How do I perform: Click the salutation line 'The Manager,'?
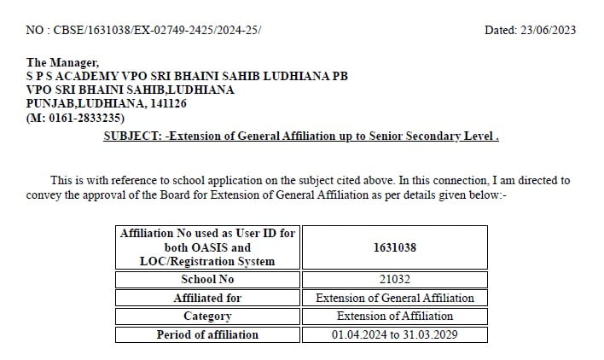tap(63, 62)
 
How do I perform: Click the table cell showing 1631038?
tap(395, 247)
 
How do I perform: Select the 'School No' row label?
tap(207, 279)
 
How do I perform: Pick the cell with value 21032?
tap(395, 279)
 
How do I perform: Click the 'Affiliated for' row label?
tap(207, 298)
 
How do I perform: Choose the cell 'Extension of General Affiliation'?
tap(395, 298)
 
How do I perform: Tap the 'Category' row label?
tap(207, 316)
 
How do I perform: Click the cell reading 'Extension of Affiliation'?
tap(395, 316)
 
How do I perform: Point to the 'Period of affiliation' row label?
tap(207, 334)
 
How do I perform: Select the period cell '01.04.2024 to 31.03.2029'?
tap(395, 334)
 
